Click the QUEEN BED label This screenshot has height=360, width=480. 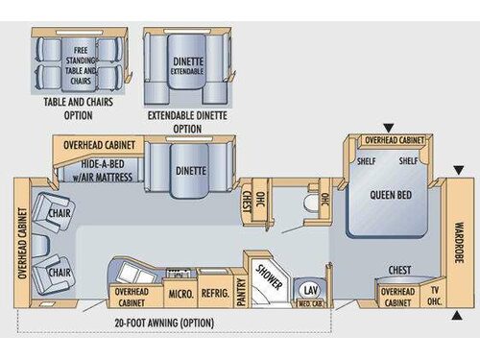(x=390, y=193)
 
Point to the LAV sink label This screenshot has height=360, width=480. (x=309, y=289)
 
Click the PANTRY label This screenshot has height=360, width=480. (x=241, y=289)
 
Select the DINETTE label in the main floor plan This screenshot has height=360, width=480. (x=190, y=171)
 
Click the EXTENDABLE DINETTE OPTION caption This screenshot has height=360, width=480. (x=189, y=122)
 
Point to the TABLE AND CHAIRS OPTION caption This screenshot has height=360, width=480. (x=80, y=109)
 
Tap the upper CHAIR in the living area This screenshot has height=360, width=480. (x=57, y=213)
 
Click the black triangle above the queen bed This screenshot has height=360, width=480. (x=388, y=127)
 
